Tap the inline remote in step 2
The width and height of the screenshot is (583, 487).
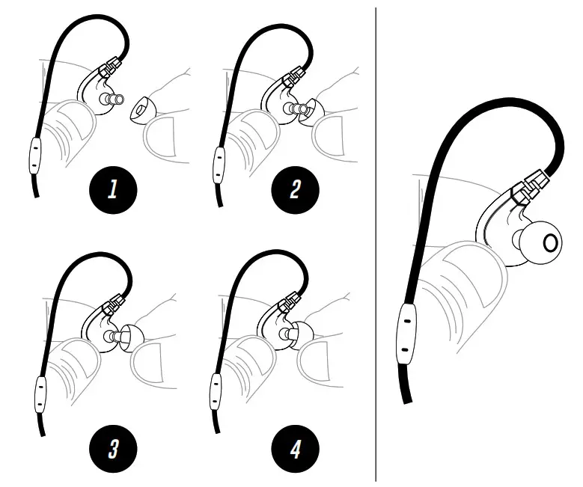point(217,159)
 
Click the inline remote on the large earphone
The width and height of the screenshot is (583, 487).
point(405,334)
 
